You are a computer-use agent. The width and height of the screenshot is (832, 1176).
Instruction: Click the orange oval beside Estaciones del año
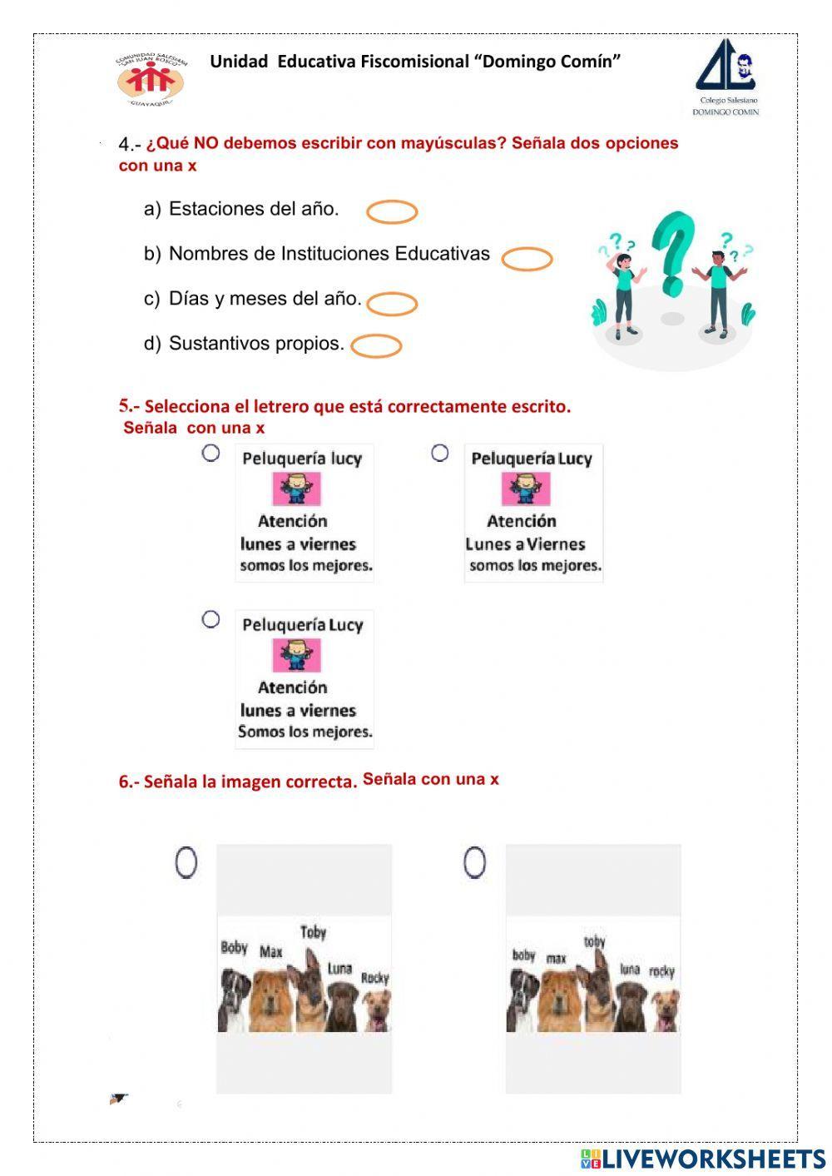392,212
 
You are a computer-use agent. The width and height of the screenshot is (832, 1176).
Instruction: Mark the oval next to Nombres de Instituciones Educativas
527,260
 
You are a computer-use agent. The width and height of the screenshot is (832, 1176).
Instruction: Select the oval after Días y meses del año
392,304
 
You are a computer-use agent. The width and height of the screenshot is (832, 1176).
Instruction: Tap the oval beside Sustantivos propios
376,345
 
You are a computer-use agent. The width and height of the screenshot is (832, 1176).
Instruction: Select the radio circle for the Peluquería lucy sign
211,453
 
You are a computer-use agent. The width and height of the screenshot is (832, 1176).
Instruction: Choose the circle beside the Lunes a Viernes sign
440,453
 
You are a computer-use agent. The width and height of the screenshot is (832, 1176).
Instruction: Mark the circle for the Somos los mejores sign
211,619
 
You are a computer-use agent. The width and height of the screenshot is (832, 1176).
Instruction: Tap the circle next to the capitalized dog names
186,862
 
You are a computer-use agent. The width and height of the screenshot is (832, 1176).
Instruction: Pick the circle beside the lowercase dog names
475,862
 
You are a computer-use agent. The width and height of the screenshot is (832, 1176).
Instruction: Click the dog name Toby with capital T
314,932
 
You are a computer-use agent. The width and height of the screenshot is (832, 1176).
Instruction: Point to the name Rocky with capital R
375,978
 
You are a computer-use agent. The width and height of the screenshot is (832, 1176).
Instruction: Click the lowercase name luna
630,970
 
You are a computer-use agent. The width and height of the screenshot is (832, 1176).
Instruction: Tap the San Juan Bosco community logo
151,80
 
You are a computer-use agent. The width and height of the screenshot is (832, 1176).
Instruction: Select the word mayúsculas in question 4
453,143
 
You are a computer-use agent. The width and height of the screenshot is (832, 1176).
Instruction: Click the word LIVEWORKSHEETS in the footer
713,1159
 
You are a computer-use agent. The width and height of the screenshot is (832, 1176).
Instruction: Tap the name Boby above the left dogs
235,947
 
